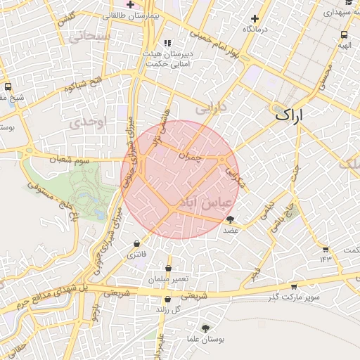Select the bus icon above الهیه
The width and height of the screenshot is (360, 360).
344,34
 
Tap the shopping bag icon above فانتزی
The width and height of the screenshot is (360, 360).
136,243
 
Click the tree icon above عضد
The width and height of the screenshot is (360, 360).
230,219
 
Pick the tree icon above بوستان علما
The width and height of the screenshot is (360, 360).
205,328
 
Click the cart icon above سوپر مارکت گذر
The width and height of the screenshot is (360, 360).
293,286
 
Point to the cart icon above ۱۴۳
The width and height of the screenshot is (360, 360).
325,249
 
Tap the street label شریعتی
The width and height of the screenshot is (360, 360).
195,296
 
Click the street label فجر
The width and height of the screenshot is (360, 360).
255,271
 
